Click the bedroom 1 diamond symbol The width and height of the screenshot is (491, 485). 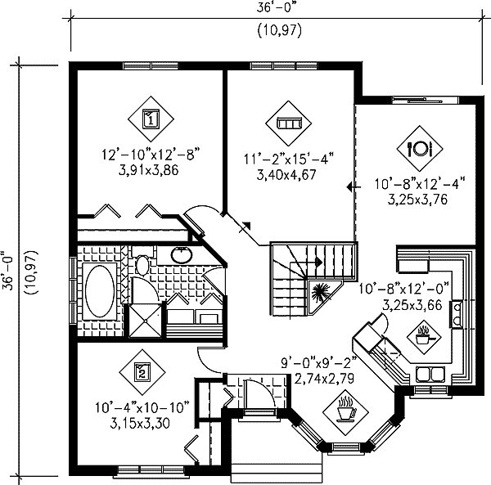pos(151,119)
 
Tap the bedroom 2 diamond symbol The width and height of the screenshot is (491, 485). pos(140,373)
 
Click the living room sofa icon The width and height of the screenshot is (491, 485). pos(290,123)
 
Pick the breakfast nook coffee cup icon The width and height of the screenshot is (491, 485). pos(345,406)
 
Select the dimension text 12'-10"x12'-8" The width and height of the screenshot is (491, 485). pos(151,154)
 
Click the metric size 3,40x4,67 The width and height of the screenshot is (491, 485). pos(290,174)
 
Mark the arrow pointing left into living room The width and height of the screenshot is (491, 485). pos(351,187)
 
